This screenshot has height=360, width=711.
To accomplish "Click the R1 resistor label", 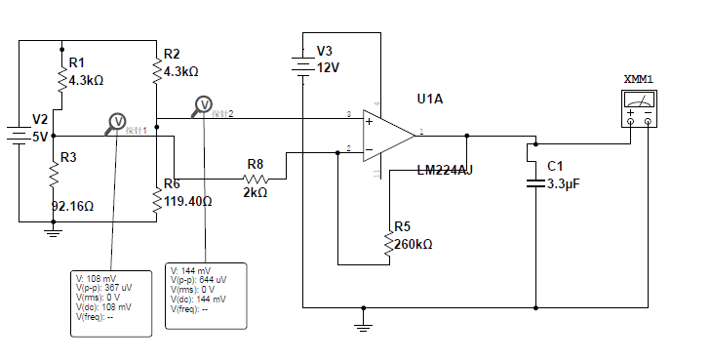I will click(76, 61).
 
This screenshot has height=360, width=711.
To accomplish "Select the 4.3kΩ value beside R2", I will click(181, 71).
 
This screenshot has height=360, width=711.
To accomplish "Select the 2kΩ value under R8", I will click(254, 193).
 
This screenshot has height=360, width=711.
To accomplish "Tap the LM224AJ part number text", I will click(445, 170).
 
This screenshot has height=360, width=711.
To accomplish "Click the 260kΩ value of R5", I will click(414, 244).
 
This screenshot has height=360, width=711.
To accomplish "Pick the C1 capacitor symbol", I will click(533, 182).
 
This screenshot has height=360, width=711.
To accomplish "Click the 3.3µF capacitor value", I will click(564, 183).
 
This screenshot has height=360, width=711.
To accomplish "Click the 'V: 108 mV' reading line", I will click(96, 278).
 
